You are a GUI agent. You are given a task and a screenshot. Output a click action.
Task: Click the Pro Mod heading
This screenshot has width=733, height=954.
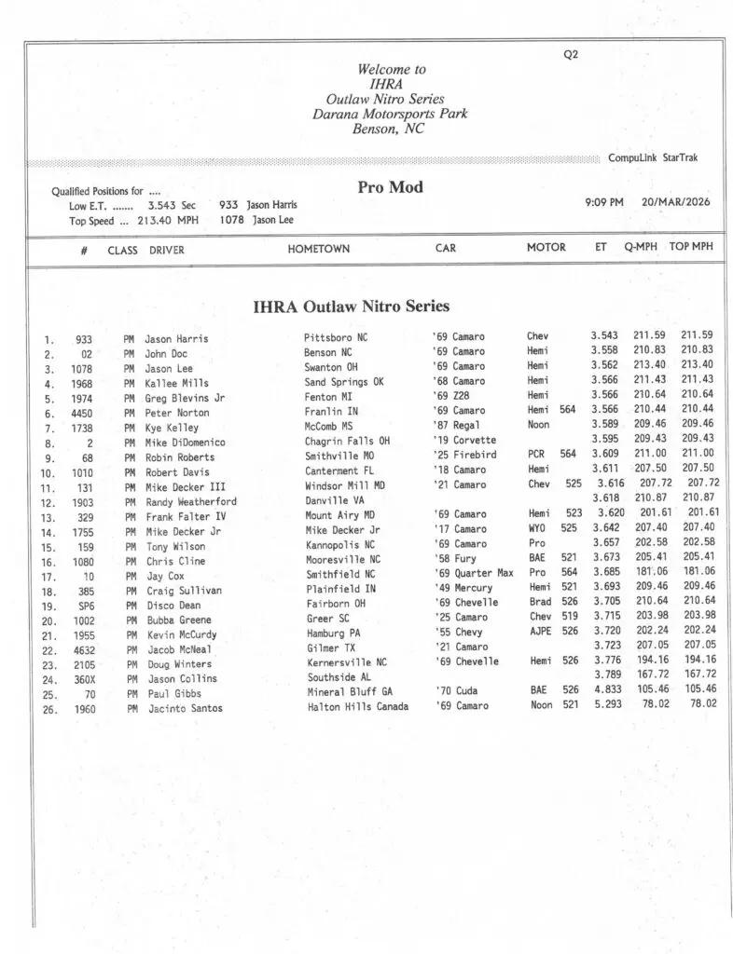390,187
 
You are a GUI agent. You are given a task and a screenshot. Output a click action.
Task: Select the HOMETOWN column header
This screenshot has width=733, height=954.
319,249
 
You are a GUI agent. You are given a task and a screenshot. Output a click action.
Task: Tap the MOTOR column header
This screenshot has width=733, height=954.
546,248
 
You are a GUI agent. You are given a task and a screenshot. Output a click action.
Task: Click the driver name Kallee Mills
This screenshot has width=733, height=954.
176,383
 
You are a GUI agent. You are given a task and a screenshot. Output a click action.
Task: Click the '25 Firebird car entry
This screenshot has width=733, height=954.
465,456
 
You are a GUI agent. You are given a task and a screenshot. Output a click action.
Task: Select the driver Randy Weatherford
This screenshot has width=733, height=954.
191,501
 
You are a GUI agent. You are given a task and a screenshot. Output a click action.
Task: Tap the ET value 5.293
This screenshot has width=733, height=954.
606,704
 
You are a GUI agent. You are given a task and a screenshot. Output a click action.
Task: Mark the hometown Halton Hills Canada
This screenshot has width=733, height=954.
357,707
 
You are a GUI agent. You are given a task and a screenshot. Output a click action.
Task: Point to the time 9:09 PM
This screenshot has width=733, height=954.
604,202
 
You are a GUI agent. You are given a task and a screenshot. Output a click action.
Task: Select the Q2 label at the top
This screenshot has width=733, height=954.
571,54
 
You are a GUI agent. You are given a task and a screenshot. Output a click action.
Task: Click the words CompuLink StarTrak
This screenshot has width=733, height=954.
652,158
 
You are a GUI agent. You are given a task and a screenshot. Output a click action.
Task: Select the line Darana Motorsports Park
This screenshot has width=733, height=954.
390,115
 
